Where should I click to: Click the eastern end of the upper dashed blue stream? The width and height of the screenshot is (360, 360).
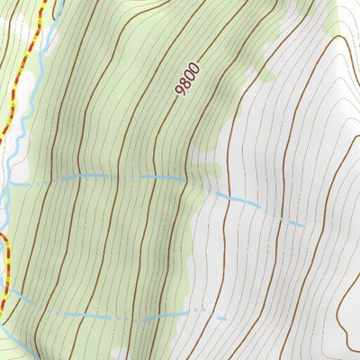[x=301, y=222]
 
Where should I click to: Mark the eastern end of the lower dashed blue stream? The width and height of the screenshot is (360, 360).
[x=225, y=319]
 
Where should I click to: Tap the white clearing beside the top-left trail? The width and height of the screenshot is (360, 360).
[x=25, y=90]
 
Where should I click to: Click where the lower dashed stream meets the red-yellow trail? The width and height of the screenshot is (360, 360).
[x=4, y=290]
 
